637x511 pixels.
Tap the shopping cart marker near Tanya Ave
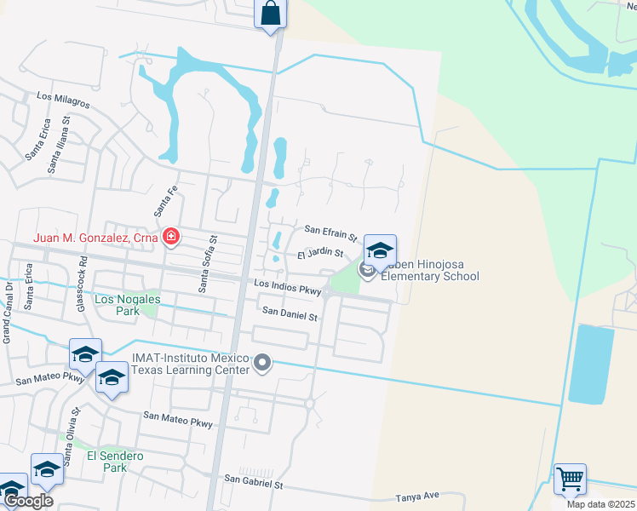coord(570,478)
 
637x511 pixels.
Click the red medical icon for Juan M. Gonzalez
coord(171,237)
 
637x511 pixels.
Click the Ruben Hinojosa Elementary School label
coord(429,270)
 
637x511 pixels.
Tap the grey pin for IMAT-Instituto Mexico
coord(262,365)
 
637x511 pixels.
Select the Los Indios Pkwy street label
coord(287,288)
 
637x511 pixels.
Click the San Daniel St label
coord(289,315)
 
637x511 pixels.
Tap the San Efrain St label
coord(330,233)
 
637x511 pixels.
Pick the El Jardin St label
coord(319,253)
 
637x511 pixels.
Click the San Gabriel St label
coord(253,483)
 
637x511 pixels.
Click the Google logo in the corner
coord(28,501)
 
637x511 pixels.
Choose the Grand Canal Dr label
coord(7,312)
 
